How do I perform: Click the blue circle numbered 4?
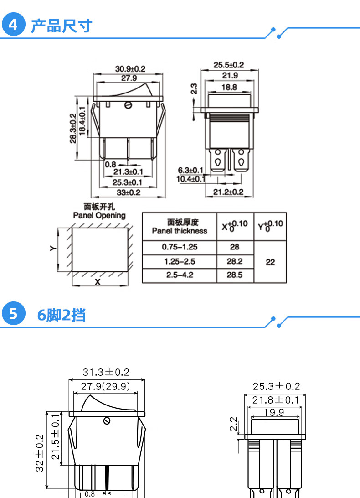[x=14, y=25]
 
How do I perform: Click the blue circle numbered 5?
[x=14, y=315]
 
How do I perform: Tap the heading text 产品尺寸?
[x=61, y=26]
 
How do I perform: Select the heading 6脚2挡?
[x=61, y=315]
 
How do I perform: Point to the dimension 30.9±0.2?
[x=130, y=69]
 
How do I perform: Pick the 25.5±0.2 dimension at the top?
[x=228, y=65]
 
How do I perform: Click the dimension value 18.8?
[x=229, y=87]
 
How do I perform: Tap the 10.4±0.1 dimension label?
[x=190, y=178]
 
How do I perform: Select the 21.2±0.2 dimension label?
[x=228, y=192]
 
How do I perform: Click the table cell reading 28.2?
[x=235, y=262]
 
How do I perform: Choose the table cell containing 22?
[x=270, y=262]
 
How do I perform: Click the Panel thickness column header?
[x=180, y=227]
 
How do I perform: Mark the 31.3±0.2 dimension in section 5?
[x=106, y=372]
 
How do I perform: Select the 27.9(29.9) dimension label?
[x=106, y=387]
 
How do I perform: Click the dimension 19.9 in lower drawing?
[x=274, y=412]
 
